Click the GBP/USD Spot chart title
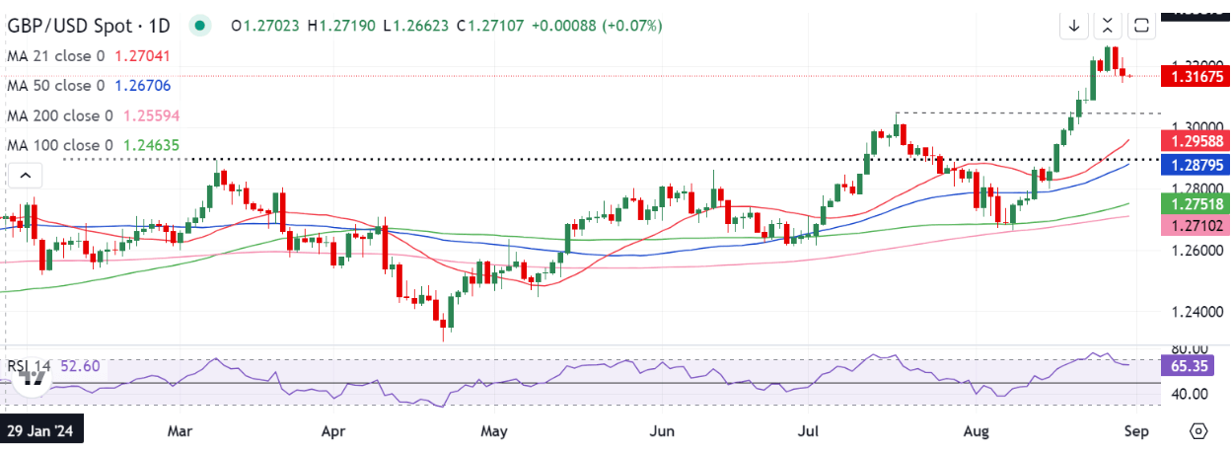89,26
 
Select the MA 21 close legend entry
58,56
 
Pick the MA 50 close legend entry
58,86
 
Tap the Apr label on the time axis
332,431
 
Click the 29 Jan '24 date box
42,431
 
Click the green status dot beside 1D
201,26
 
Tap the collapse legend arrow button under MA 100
26,176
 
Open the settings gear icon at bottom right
1198,431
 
